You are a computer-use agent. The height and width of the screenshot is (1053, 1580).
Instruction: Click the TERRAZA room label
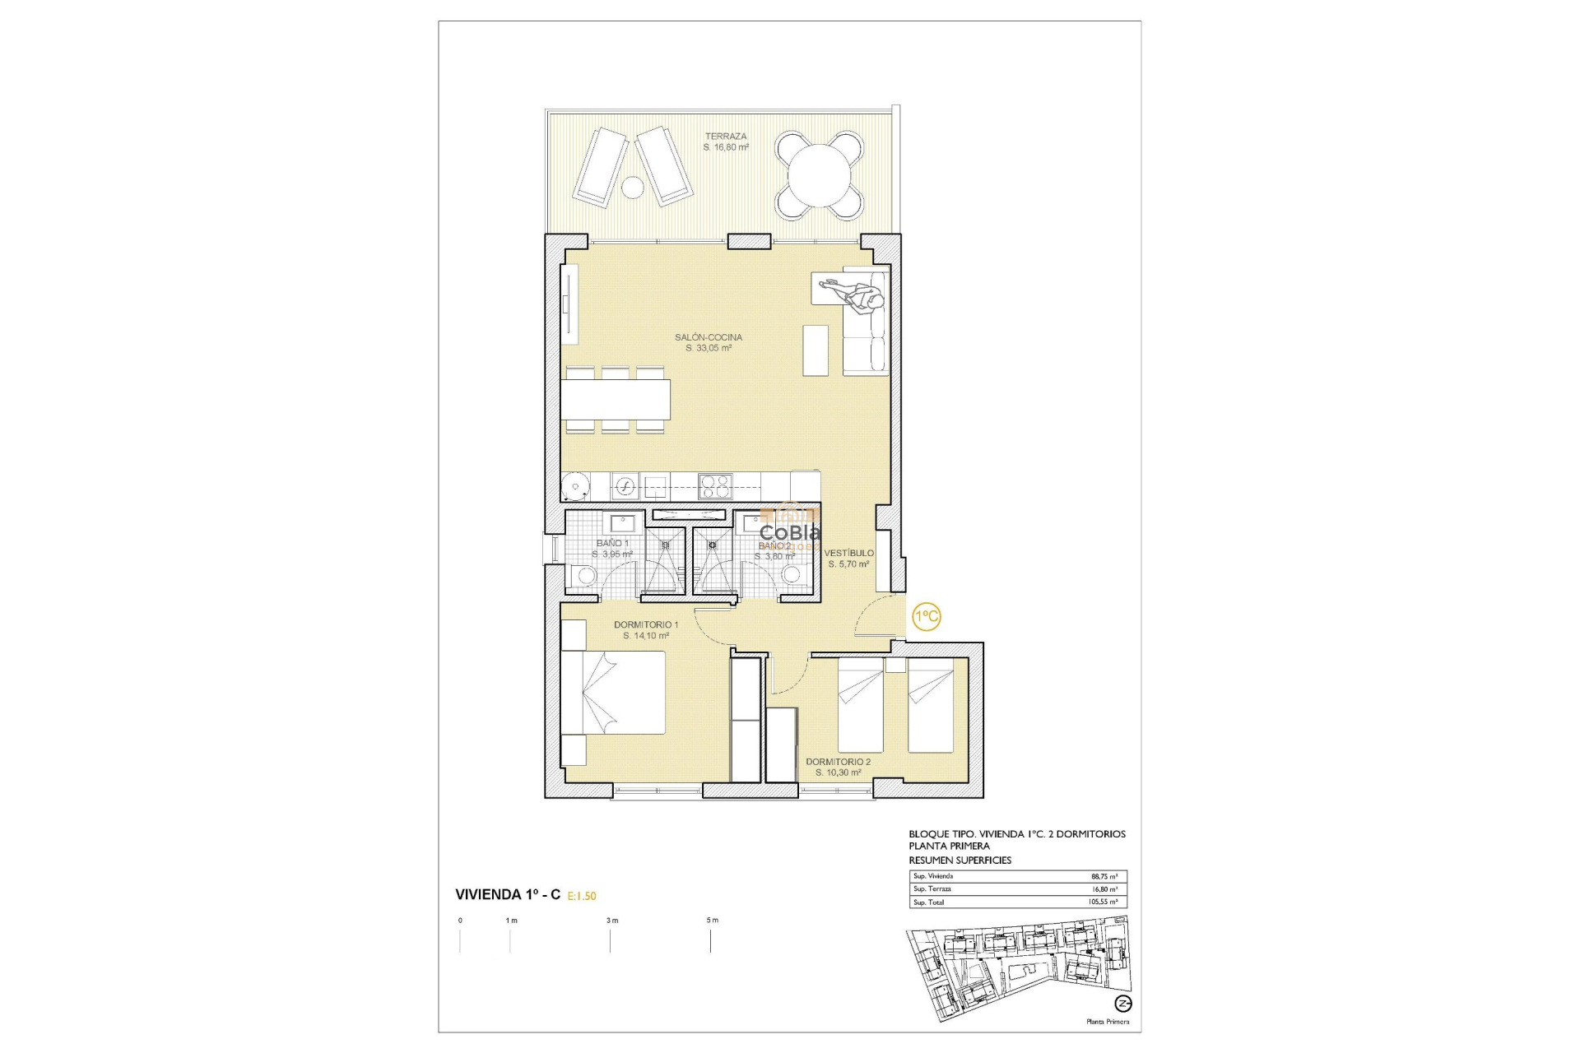point(726,137)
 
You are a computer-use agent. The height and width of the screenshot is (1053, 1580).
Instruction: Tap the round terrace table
point(820,175)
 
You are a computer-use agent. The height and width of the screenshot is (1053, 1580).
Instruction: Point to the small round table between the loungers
point(632,188)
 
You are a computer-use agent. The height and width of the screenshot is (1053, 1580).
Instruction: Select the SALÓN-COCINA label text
point(708,337)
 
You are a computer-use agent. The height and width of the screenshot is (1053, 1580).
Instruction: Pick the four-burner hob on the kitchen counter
point(714,486)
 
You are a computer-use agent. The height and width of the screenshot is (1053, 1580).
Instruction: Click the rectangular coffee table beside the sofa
point(816,350)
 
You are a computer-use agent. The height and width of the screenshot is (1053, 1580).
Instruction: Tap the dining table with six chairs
point(616,400)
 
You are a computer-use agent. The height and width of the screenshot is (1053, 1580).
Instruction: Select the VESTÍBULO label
point(849,553)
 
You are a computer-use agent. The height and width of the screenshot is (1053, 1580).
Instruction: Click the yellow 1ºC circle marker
point(927,616)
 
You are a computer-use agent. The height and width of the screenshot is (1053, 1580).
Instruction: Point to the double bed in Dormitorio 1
point(613,691)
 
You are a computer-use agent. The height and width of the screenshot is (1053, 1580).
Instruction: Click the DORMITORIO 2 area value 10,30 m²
point(838,773)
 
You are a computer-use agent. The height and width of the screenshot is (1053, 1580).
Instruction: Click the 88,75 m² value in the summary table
point(1104,877)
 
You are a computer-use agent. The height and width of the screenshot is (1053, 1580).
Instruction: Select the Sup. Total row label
point(929,902)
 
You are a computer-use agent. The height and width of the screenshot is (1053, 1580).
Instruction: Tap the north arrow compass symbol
point(1122,1004)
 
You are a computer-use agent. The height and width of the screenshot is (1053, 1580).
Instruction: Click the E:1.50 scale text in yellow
point(582,896)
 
